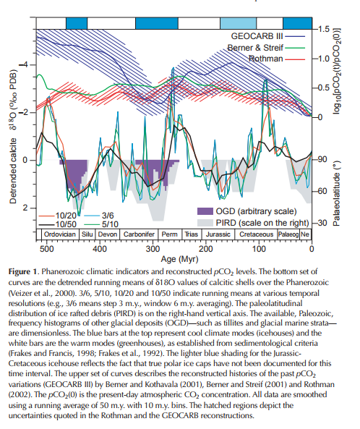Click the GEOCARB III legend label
pyautogui.click(x=257, y=36)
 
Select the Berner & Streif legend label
pyautogui.click(x=255, y=48)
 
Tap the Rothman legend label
pyautogui.click(x=265, y=59)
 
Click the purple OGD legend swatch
pyautogui.click(x=205, y=211)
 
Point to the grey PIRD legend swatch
pyautogui.click(x=205, y=223)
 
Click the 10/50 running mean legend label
pyautogui.click(x=66, y=224)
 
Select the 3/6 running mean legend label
pyautogui.click(x=108, y=216)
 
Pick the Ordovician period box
pyautogui.click(x=60, y=234)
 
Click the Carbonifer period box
pyautogui.click(x=139, y=234)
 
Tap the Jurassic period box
pyautogui.click(x=218, y=234)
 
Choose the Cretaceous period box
pyautogui.click(x=256, y=234)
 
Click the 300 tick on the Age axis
pyautogui.click(x=153, y=249)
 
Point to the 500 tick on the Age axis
pyautogui.click(x=46, y=249)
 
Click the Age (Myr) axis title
pyautogui.click(x=179, y=259)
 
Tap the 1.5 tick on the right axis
pyautogui.click(x=324, y=29)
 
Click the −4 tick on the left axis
pyautogui.click(x=24, y=65)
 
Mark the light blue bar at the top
pyautogui.click(x=239, y=23)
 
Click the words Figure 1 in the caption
pyautogui.click(x=22, y=272)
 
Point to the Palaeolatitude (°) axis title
pyautogui.click(x=336, y=192)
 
